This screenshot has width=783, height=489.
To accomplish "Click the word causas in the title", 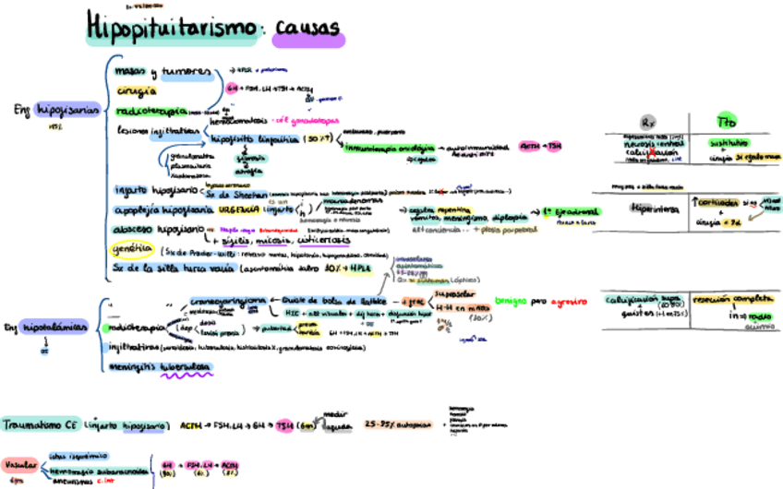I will tap(306, 29).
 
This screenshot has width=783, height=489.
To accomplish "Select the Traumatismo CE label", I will tap(39, 425).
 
